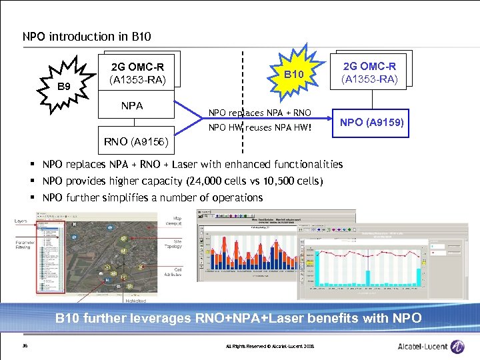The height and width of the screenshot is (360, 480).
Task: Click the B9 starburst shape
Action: tap(64, 86)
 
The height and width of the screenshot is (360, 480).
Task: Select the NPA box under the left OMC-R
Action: tap(131, 105)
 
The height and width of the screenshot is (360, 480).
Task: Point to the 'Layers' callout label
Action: tap(22, 221)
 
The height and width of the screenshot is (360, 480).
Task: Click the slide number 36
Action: tap(25, 345)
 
